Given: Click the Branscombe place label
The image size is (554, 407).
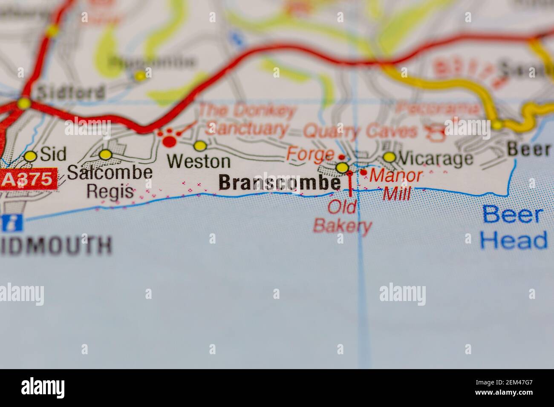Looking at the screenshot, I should pyautogui.click(x=279, y=183).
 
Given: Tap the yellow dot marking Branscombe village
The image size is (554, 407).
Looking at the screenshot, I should pyautogui.click(x=342, y=168).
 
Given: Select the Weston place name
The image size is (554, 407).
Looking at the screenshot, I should pyautogui.click(x=199, y=161).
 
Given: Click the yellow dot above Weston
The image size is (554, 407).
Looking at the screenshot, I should pyautogui.click(x=200, y=146).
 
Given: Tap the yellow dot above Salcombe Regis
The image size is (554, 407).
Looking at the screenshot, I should pyautogui.click(x=105, y=155).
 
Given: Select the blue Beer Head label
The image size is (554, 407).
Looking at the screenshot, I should pyautogui.click(x=513, y=227).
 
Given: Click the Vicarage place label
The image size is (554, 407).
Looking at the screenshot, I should pyautogui.click(x=435, y=159).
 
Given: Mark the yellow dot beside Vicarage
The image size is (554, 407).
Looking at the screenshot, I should pyautogui.click(x=389, y=158).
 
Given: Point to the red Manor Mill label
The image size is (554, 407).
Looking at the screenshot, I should pyautogui.click(x=396, y=184).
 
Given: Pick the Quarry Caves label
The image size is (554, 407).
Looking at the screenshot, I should pyautogui.click(x=361, y=131).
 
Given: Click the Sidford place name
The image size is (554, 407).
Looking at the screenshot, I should pyautogui.click(x=70, y=92).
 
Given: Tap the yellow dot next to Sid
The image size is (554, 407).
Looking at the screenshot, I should pyautogui.click(x=30, y=156).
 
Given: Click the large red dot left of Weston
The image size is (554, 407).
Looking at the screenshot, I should pyautogui.click(x=170, y=140).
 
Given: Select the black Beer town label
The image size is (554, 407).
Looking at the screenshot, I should pyautogui.click(x=528, y=149).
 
